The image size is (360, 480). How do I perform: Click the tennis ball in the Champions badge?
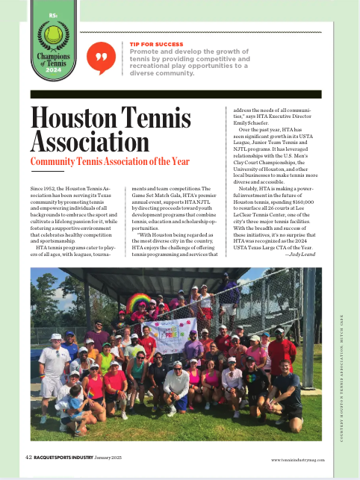(x=53, y=34)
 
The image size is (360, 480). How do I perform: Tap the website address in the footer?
(x=297, y=459)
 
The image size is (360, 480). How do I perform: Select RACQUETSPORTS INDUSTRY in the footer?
(x=71, y=458)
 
